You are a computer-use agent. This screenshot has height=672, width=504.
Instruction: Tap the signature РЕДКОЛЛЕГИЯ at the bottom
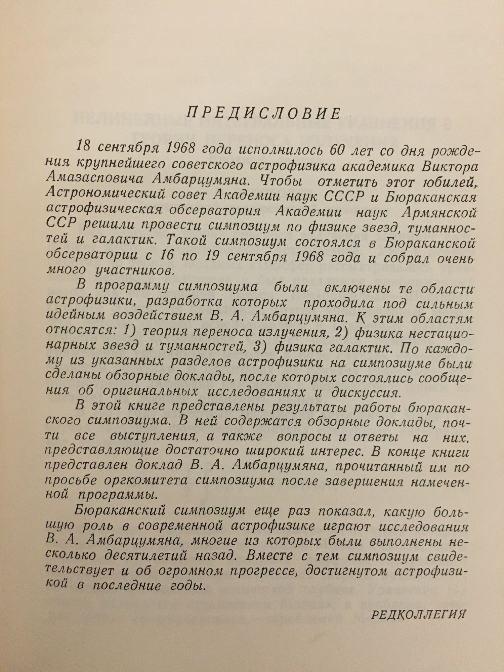click(x=419, y=614)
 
